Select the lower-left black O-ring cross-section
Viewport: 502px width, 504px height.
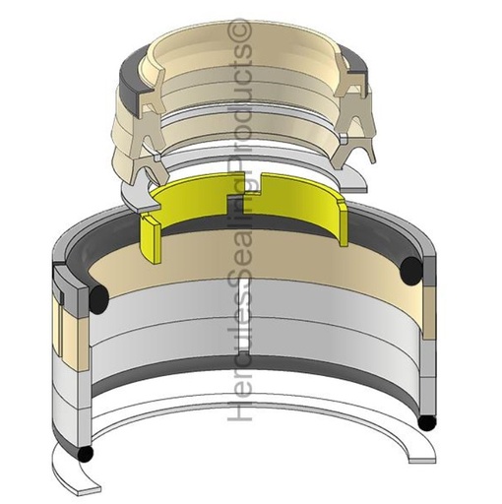click(x=87, y=455)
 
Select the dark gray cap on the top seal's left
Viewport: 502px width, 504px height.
click(x=126, y=72)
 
